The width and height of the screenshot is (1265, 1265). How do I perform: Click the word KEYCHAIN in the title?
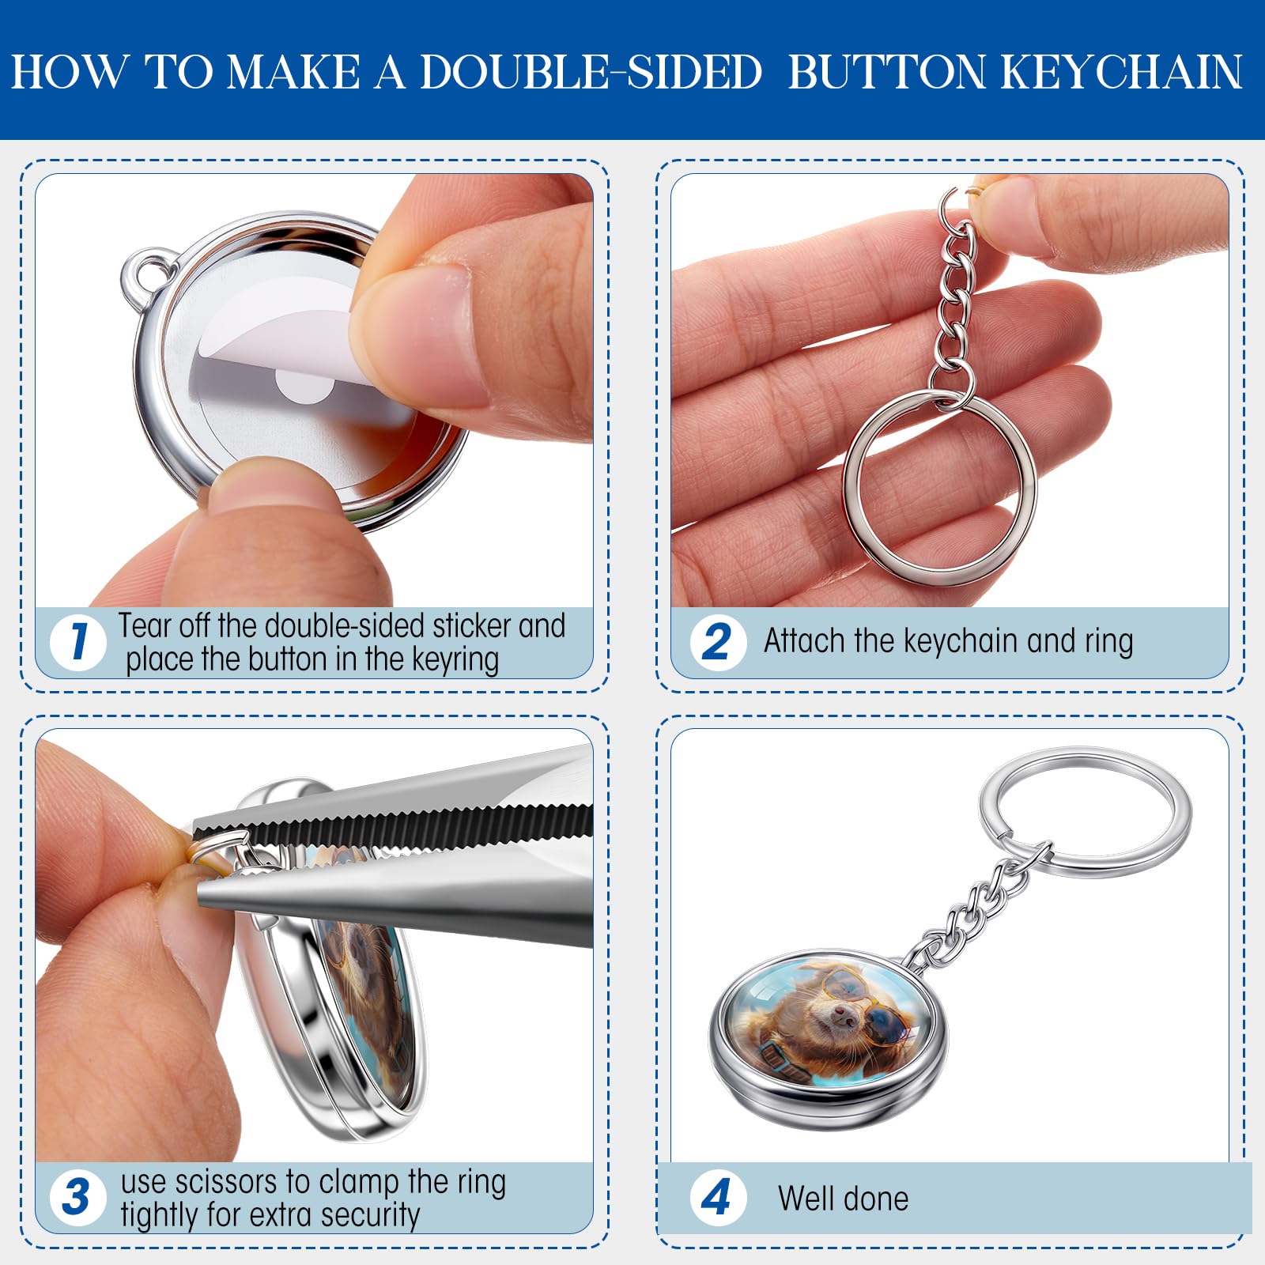(x=1122, y=72)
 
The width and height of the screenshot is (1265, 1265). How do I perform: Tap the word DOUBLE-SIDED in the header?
(x=591, y=72)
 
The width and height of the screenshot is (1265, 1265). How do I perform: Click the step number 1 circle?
(x=77, y=641)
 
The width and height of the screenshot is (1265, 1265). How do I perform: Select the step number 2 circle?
(x=716, y=641)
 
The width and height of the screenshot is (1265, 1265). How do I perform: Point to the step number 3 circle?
(x=77, y=1196)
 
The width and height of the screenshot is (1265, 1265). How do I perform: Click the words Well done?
(x=843, y=1199)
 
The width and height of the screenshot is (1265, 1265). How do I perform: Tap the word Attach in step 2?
(x=804, y=640)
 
